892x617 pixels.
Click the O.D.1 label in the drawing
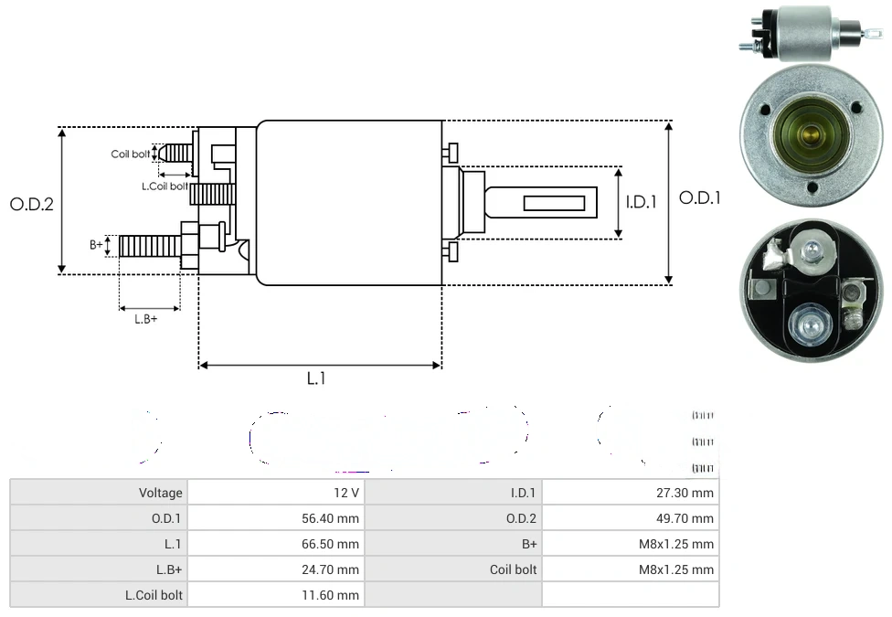(x=700, y=197)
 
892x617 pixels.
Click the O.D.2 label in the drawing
(x=32, y=204)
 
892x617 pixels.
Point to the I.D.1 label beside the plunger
(x=641, y=202)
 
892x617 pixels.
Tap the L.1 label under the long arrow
(x=316, y=378)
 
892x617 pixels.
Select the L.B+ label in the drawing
(x=146, y=319)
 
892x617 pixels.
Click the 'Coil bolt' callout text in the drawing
(x=131, y=154)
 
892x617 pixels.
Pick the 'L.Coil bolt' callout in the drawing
(x=165, y=186)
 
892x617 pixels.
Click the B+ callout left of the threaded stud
(x=96, y=245)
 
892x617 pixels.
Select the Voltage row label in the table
(x=161, y=493)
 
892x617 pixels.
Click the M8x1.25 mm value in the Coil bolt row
(x=676, y=569)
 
